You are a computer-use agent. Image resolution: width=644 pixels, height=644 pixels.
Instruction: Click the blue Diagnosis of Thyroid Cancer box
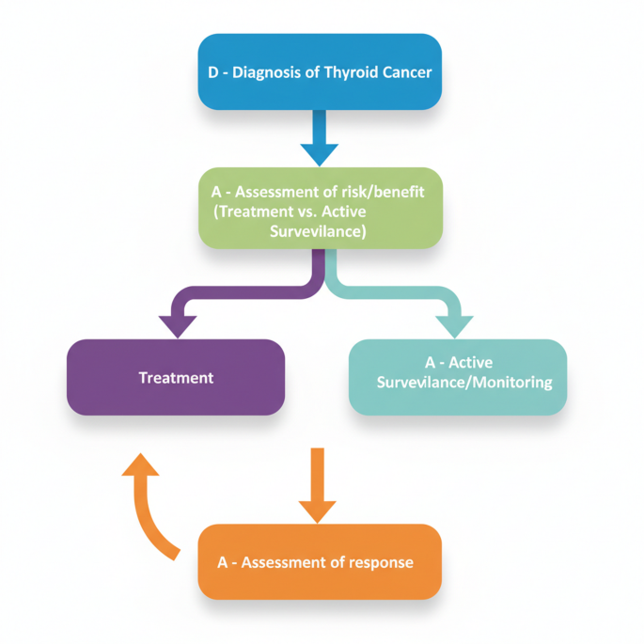click(319, 71)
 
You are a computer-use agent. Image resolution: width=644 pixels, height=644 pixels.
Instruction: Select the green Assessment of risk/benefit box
click(319, 209)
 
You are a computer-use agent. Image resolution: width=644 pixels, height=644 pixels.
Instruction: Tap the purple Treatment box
click(176, 377)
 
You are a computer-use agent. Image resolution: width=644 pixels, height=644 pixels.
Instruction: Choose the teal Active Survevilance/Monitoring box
click(458, 377)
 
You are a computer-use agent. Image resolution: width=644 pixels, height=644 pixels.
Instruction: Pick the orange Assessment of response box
click(319, 561)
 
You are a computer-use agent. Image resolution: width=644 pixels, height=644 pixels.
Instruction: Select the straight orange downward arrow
click(317, 485)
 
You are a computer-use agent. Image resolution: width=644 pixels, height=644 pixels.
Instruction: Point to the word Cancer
click(404, 72)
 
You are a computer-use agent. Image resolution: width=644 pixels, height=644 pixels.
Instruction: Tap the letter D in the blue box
click(212, 72)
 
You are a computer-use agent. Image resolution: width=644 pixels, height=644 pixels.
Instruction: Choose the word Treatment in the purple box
click(176, 378)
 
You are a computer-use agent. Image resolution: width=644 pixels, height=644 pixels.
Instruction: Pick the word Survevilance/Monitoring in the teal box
click(464, 384)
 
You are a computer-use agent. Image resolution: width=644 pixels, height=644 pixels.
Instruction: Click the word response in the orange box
click(379, 562)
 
